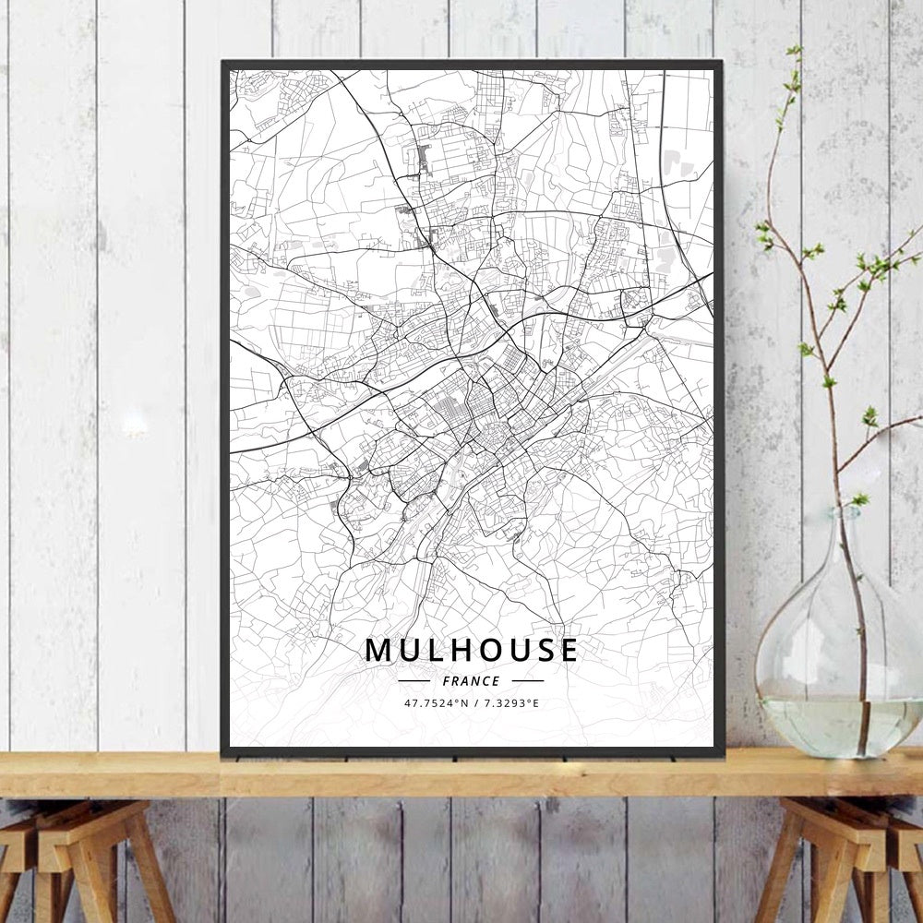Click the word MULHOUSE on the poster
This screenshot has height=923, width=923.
[x=472, y=650]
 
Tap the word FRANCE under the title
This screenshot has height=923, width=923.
[x=472, y=681]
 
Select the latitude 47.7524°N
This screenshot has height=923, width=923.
[x=437, y=703]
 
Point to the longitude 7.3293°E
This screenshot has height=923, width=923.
[x=509, y=703]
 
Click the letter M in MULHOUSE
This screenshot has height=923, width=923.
[x=378, y=650]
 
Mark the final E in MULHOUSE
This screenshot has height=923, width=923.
[x=568, y=650]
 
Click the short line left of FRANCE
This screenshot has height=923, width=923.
[x=414, y=681]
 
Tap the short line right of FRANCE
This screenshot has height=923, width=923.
[x=527, y=681]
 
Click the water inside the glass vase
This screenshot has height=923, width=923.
[x=835, y=725]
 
